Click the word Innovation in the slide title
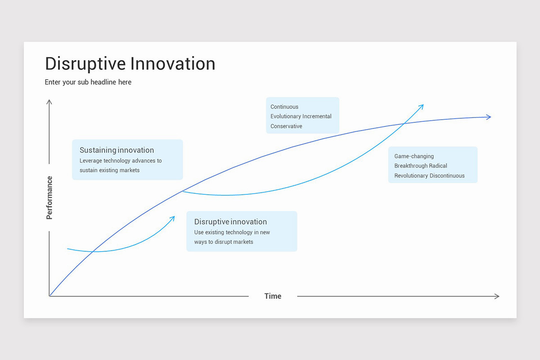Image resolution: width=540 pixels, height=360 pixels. [x=173, y=64]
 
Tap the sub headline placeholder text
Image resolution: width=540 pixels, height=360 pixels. [x=88, y=82]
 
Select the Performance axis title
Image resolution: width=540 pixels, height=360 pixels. [x=49, y=198]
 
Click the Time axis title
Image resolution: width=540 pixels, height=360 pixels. [x=273, y=296]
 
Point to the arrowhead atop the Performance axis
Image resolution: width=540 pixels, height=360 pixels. [x=49, y=102]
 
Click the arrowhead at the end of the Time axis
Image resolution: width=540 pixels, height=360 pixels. [x=497, y=296]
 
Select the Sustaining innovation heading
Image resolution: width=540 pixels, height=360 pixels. [x=117, y=150]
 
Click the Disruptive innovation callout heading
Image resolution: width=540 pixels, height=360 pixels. [x=230, y=222]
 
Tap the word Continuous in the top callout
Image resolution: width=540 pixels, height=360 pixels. [x=284, y=107]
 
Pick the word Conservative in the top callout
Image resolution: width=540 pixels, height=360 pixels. [x=286, y=126]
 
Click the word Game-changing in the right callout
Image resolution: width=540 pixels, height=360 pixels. [x=414, y=156]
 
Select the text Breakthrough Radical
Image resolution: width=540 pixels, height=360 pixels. [x=421, y=166]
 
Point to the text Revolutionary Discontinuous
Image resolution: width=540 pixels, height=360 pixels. [x=429, y=176]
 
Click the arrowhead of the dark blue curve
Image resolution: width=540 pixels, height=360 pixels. [x=489, y=117]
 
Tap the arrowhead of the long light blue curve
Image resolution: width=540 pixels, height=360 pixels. [x=422, y=106]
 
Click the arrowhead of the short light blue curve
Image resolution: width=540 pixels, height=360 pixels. [x=173, y=218]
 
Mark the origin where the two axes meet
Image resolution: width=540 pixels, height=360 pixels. [x=49, y=296]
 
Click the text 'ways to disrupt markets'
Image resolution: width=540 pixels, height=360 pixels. [x=224, y=242]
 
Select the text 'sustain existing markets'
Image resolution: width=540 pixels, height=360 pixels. [x=109, y=171]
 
